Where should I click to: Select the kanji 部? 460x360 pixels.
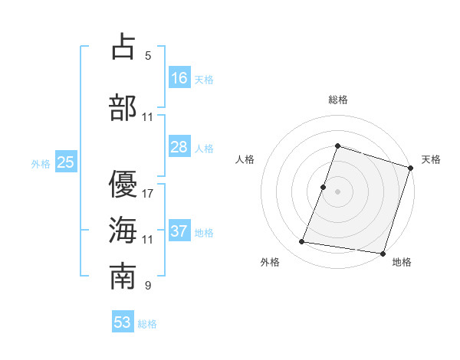click(x=123, y=107)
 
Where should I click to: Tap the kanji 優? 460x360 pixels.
click(x=123, y=184)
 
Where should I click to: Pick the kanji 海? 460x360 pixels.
click(x=123, y=230)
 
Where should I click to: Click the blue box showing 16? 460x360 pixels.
click(x=179, y=78)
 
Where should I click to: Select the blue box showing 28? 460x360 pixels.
click(x=179, y=147)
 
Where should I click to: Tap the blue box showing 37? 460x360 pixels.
click(x=179, y=231)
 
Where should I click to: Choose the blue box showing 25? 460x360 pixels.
click(x=65, y=162)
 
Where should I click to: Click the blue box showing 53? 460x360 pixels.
click(x=123, y=322)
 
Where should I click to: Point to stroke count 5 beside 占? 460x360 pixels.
click(x=148, y=56)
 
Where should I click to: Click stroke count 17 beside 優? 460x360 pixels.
click(x=148, y=193)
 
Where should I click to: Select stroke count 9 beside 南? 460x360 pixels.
click(x=148, y=286)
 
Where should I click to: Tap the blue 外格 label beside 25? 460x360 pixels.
click(x=40, y=163)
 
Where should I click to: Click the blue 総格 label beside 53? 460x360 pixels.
click(x=147, y=324)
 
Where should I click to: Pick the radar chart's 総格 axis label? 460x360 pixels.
click(x=337, y=100)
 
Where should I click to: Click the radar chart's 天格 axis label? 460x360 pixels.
click(x=431, y=159)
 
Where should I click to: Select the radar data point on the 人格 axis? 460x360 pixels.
click(x=324, y=187)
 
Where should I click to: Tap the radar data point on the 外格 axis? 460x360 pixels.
click(x=302, y=242)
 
